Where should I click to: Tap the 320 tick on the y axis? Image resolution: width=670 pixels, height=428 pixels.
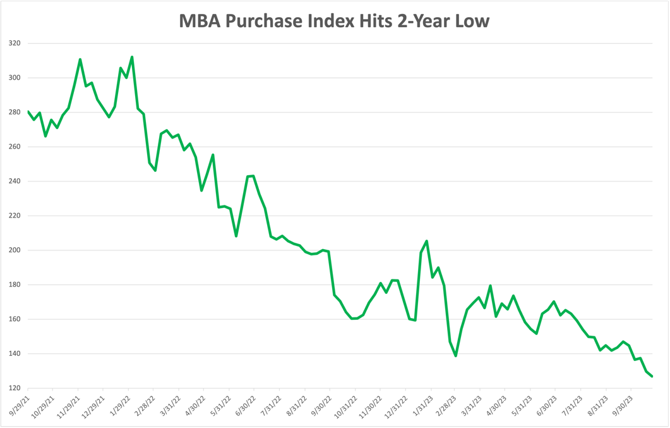click(x=14, y=44)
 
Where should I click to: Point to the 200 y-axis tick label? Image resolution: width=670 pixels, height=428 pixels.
click(x=14, y=250)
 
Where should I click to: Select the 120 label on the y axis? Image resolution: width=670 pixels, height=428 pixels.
click(x=14, y=388)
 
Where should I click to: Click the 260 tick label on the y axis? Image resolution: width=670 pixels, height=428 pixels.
click(x=14, y=147)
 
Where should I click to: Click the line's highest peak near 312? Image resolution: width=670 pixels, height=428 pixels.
click(x=132, y=57)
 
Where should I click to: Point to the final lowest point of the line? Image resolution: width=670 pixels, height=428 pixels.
click(x=652, y=377)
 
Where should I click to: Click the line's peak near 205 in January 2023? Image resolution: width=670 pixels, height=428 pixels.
click(x=427, y=241)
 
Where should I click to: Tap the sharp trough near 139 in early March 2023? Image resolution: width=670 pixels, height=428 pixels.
click(x=455, y=356)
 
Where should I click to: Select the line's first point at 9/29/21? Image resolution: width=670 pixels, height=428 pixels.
click(x=28, y=111)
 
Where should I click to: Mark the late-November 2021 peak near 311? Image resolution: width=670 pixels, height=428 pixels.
click(x=80, y=59)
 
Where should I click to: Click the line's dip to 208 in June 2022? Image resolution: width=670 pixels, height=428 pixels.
click(x=236, y=236)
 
